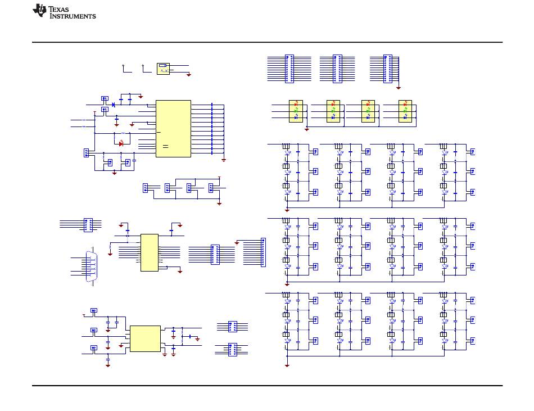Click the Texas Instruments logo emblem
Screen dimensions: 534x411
point(39,10)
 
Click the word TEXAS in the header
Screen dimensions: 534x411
point(58,9)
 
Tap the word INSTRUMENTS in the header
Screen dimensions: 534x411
point(73,16)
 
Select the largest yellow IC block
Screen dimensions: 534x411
point(173,129)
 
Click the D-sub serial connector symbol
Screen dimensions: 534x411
point(91,267)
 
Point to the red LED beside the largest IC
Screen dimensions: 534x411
point(121,144)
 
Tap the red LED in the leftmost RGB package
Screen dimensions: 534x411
point(296,103)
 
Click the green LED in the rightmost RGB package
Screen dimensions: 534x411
point(405,110)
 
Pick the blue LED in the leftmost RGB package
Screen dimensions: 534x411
point(296,117)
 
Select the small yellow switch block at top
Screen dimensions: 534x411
point(163,69)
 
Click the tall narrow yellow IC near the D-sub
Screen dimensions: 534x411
point(150,252)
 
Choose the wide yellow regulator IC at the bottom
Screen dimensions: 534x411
point(146,338)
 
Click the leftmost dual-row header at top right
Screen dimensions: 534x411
point(289,69)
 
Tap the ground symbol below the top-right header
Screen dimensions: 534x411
point(399,88)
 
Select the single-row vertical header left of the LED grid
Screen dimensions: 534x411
point(263,252)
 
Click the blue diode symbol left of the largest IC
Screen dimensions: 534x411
point(114,105)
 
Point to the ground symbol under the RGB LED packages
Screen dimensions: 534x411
point(307,129)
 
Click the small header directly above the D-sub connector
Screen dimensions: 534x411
point(88,225)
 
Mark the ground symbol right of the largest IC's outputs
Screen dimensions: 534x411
point(224,160)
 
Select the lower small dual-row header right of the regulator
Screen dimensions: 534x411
point(233,350)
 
